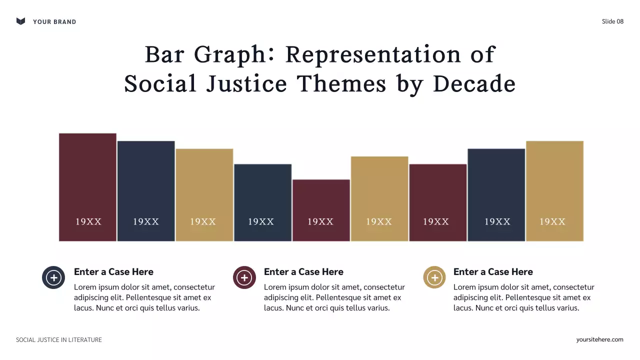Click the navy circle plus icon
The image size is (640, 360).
point(53,277)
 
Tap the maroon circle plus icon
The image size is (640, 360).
point(244,277)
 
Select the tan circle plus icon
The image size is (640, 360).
point(434,277)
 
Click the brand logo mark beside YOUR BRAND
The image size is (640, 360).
point(20,21)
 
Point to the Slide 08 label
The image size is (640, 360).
point(612,21)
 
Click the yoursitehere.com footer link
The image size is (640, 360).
point(599,339)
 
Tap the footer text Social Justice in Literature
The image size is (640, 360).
point(59,340)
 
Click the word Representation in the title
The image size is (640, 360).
point(373,54)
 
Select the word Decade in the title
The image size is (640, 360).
point(474,84)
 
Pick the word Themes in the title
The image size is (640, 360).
point(342,84)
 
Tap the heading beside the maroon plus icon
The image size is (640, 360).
point(303,272)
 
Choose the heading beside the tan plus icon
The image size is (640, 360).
point(493,272)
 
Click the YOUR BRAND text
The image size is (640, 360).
point(54,21)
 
